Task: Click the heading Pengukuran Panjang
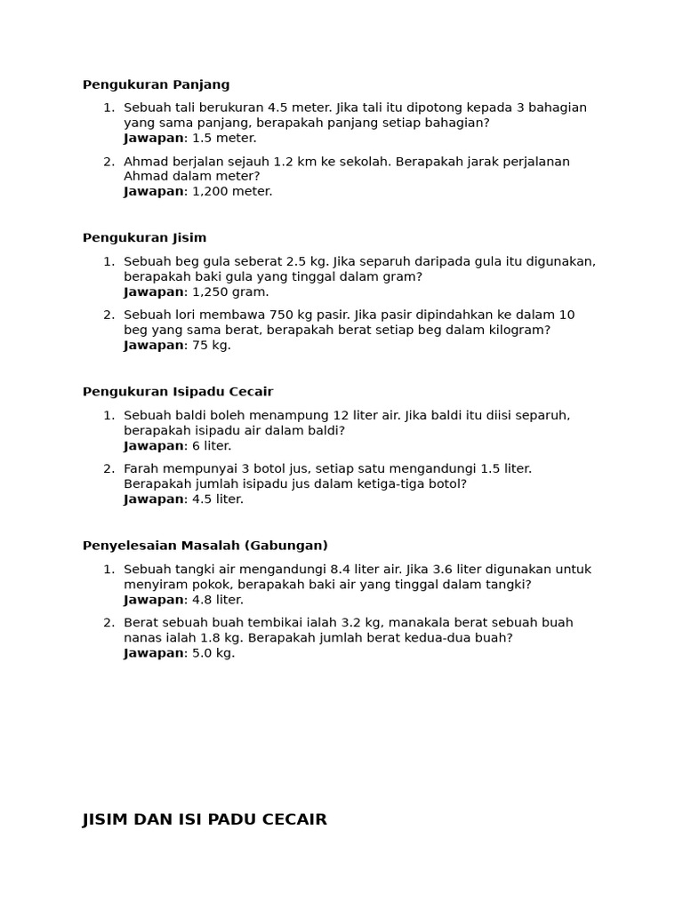point(156,84)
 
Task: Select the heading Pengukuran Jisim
point(144,238)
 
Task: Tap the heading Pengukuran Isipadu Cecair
point(178,392)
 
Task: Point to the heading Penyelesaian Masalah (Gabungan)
point(205,546)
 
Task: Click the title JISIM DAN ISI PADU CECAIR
point(205,819)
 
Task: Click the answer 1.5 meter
point(224,139)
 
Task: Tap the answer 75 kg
point(212,346)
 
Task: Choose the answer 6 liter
point(212,446)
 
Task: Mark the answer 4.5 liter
point(218,499)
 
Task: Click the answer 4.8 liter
point(218,600)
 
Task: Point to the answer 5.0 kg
point(213,653)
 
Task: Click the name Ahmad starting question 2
point(145,162)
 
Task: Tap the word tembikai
point(260,623)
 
